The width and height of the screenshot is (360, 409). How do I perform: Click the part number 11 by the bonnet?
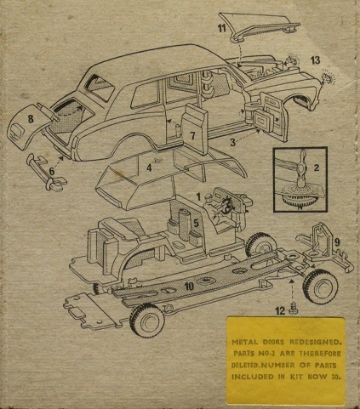click(x=221, y=28)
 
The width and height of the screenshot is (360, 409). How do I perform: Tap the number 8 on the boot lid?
click(x=31, y=119)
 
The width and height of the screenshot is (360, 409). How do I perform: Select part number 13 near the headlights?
click(x=315, y=60)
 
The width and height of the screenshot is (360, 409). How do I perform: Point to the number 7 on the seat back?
click(x=193, y=136)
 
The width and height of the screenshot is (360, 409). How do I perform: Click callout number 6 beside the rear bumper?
click(x=52, y=171)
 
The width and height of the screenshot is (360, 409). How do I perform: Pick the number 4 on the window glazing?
click(x=149, y=168)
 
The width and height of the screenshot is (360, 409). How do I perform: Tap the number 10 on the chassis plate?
click(x=189, y=287)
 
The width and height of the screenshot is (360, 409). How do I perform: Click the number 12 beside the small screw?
click(x=280, y=311)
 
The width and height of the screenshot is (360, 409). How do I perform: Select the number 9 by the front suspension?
click(x=337, y=242)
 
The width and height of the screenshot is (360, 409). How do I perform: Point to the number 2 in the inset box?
click(x=317, y=168)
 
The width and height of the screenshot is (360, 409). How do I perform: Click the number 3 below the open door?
click(x=232, y=143)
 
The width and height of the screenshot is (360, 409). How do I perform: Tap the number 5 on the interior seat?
click(x=196, y=223)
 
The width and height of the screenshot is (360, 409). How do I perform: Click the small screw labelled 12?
click(x=292, y=307)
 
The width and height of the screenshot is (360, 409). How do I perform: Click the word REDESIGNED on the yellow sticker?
click(x=314, y=342)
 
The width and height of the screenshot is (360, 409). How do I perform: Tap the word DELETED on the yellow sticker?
click(x=245, y=366)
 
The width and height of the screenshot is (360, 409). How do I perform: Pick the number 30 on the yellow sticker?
click(x=335, y=377)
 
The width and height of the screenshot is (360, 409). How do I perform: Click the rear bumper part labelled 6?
click(x=47, y=172)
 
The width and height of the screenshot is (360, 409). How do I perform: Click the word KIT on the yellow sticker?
click(x=296, y=377)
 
